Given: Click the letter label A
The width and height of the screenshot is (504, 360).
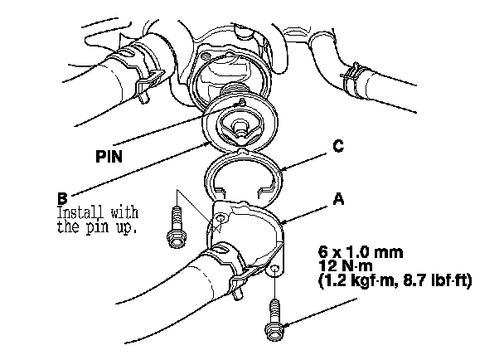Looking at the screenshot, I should click(x=338, y=200).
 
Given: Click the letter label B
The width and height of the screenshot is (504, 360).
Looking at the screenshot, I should click(x=62, y=199).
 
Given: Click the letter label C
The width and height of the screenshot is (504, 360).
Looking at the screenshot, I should click(x=338, y=148).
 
